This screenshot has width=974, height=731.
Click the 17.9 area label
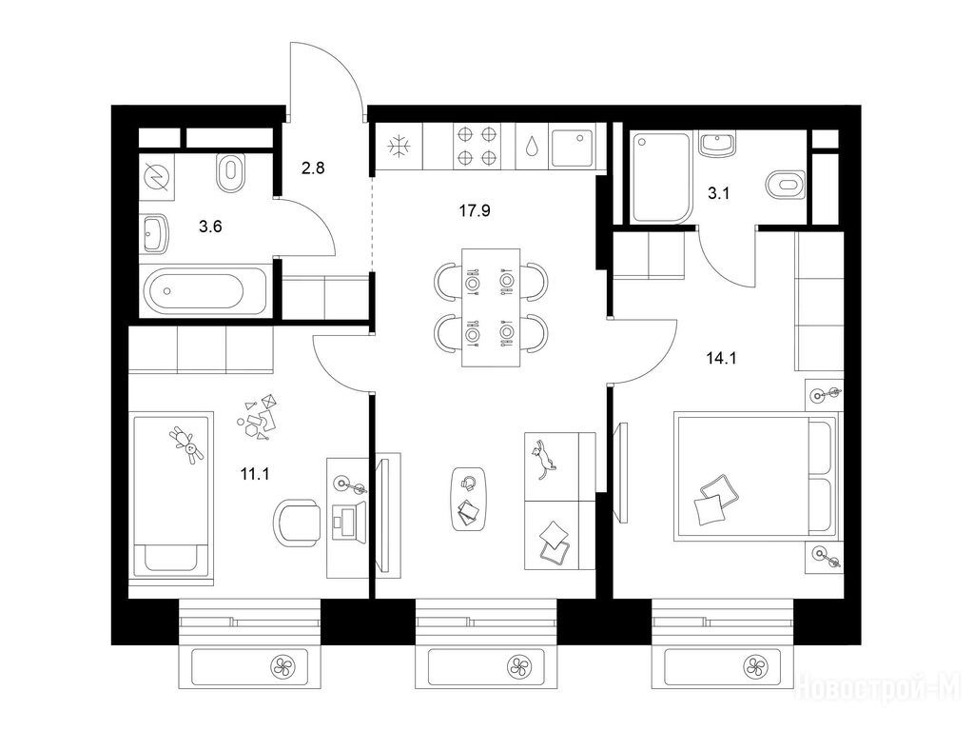[475, 211]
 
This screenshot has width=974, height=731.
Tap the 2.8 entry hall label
[312, 168]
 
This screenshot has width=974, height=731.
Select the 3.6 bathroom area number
[210, 227]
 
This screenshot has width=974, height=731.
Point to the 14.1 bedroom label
[721, 358]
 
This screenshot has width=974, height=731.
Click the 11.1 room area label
[255, 474]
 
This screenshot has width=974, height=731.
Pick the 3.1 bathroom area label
[718, 194]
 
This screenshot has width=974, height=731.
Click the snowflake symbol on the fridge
[398, 148]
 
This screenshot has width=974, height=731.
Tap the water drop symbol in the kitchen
[533, 147]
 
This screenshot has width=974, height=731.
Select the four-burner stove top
[477, 146]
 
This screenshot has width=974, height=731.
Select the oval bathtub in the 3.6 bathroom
[195, 291]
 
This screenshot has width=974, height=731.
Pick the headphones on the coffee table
[468, 483]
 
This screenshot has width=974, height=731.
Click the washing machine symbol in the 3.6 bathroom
[156, 176]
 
